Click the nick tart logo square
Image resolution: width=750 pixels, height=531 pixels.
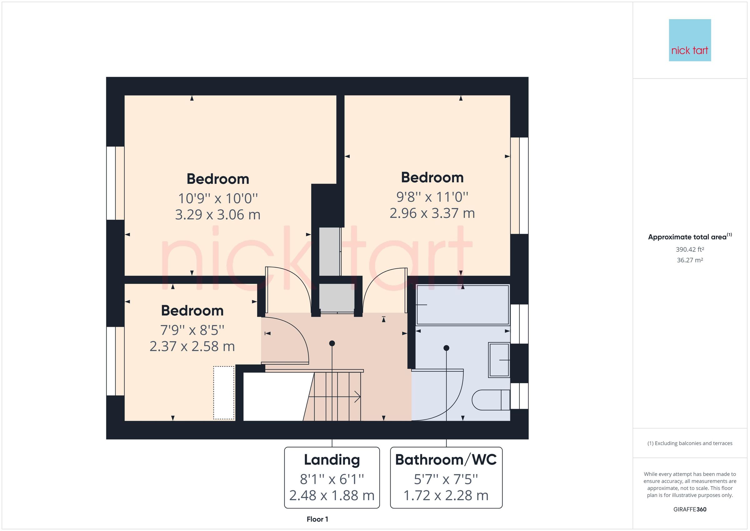point(690,40)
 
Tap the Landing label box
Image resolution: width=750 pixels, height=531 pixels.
point(332,478)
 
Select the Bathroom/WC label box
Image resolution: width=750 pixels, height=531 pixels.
point(446,478)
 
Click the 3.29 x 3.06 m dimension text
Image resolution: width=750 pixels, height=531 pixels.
point(217,215)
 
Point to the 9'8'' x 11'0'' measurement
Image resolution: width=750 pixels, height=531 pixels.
point(432,197)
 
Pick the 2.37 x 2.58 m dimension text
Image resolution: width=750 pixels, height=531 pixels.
point(192,346)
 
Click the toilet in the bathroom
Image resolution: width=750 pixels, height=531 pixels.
point(490,400)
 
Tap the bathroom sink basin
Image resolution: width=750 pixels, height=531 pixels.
point(499,360)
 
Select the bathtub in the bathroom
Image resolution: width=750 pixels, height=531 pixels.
point(462,305)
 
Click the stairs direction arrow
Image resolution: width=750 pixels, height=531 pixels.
point(357,397)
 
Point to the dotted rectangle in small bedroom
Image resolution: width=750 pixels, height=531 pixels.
point(224,393)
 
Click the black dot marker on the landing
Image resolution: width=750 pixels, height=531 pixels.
point(332,343)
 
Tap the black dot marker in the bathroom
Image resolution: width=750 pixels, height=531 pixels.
point(446,348)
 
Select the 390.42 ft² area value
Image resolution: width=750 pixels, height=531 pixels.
point(690,250)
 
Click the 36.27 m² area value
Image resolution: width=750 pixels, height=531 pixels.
point(690,260)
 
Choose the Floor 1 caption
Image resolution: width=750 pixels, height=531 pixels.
point(317,519)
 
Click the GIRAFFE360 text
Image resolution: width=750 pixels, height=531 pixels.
point(690,509)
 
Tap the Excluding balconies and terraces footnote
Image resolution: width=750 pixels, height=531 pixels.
point(690,443)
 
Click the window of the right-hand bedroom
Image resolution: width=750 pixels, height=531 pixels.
point(519,185)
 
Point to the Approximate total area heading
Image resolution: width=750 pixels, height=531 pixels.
point(690,237)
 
